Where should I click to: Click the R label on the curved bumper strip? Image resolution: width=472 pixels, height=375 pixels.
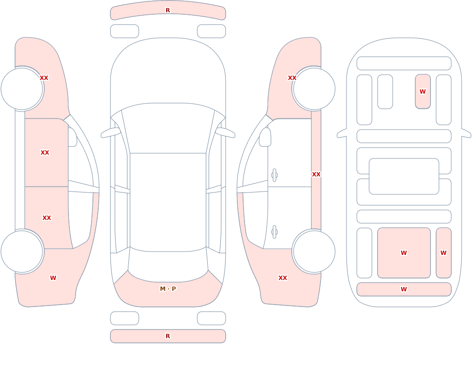coord(168,10)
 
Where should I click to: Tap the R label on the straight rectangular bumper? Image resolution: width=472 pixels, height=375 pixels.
coord(168,336)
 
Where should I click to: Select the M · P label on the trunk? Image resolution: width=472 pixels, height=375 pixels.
coord(168,289)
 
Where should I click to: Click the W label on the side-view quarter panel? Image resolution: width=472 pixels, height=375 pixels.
coord(53,278)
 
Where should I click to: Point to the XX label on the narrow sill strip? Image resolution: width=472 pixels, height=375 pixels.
coord(316,174)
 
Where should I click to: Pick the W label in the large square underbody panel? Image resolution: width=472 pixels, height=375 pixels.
coord(404,253)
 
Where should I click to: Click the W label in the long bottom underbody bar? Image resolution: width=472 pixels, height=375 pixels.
coord(404,289)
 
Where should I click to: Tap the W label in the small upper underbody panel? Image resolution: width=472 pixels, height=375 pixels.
coord(422,91)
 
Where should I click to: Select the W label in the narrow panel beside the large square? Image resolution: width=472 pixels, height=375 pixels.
coord(443,253)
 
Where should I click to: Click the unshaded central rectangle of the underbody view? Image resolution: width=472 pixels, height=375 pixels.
coord(404,176)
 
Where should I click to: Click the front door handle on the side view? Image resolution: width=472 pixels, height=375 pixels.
coord(274,175)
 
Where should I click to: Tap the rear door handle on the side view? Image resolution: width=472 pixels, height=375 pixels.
coord(274,232)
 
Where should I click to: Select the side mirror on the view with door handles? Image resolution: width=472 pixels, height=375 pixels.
coord(265,137)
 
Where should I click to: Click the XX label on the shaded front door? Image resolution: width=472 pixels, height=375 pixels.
coord(45,153)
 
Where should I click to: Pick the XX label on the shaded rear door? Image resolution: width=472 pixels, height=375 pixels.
coord(47,218)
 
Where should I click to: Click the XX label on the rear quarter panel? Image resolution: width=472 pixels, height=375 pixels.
coord(283,278)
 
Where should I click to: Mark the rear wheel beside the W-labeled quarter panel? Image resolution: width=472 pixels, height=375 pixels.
coord(22,251)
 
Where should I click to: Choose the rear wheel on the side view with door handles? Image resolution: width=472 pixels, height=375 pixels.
coord(314,251)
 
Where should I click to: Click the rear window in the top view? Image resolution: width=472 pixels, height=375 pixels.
coord(168,265)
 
